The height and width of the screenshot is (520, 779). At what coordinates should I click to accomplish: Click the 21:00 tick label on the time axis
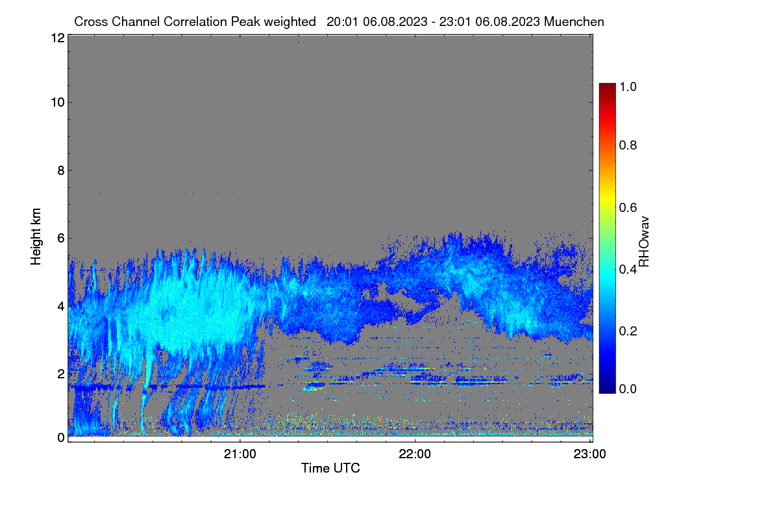tap(240, 454)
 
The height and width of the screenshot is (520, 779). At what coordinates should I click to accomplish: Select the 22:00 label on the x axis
tap(415, 454)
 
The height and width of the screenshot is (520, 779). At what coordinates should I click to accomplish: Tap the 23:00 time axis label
tap(589, 454)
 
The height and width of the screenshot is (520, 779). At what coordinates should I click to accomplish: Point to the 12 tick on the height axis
tap(58, 38)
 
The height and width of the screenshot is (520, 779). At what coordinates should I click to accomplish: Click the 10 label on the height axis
tap(58, 103)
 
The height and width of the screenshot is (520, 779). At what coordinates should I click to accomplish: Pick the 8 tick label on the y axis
tap(61, 170)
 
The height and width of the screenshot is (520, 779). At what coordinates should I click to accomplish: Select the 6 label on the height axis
tap(61, 239)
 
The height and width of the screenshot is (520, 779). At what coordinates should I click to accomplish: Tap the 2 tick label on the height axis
tap(61, 374)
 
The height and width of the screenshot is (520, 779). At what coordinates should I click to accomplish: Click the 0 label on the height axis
tap(61, 437)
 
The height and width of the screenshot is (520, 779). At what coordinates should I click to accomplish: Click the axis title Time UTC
tap(330, 468)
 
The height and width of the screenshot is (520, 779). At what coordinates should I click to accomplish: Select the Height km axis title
tap(36, 237)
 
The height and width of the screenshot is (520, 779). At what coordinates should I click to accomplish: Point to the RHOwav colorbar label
tap(644, 242)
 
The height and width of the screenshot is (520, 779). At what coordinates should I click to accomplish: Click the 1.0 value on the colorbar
tap(628, 86)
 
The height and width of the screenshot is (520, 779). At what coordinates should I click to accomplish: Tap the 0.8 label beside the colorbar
tap(628, 145)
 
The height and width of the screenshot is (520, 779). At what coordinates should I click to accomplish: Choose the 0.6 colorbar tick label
tap(628, 207)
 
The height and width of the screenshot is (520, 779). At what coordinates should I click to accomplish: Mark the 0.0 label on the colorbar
tap(628, 389)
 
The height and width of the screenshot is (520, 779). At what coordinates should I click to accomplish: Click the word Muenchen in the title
tap(574, 22)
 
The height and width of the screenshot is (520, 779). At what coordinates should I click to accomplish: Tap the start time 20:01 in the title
tap(342, 22)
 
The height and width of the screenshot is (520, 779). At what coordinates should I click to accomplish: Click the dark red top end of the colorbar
tap(607, 84)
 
